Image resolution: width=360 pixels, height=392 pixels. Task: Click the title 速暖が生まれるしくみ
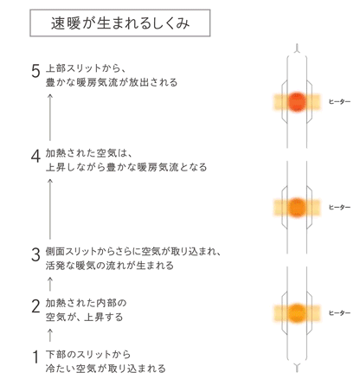click(120, 23)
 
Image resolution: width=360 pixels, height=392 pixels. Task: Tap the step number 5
click(35, 71)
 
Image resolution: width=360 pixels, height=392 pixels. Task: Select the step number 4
click(35, 157)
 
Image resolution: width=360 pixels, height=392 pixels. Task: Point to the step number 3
click(35, 255)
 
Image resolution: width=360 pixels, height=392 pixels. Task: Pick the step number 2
click(35, 306)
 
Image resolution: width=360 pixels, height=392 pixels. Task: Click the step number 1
click(35, 357)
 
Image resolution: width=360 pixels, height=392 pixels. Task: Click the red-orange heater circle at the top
click(297, 102)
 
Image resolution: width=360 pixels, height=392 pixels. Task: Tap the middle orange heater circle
click(297, 208)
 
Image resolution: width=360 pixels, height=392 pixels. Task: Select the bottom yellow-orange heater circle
click(297, 313)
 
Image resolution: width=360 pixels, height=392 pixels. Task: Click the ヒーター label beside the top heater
click(339, 102)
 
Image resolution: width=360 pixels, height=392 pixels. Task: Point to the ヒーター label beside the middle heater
click(339, 208)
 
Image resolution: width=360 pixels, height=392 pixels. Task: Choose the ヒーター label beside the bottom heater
click(339, 313)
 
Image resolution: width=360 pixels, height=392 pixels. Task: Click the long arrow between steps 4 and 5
click(50, 117)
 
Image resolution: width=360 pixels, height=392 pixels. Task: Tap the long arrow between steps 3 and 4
click(50, 209)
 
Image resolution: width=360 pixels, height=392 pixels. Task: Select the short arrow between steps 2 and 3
click(50, 284)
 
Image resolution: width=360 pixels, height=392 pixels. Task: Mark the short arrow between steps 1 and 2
click(50, 335)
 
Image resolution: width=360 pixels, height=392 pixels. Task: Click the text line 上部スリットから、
click(86, 68)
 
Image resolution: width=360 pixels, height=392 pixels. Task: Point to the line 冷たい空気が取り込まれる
click(106, 369)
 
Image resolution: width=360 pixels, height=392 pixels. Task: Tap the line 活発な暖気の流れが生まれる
click(110, 266)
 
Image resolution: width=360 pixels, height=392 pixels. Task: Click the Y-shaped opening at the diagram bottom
click(297, 368)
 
